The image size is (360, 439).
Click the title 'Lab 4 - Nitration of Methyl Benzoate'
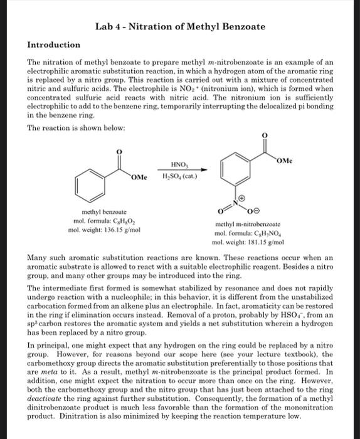[180, 26]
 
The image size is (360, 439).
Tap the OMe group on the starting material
[139, 177]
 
